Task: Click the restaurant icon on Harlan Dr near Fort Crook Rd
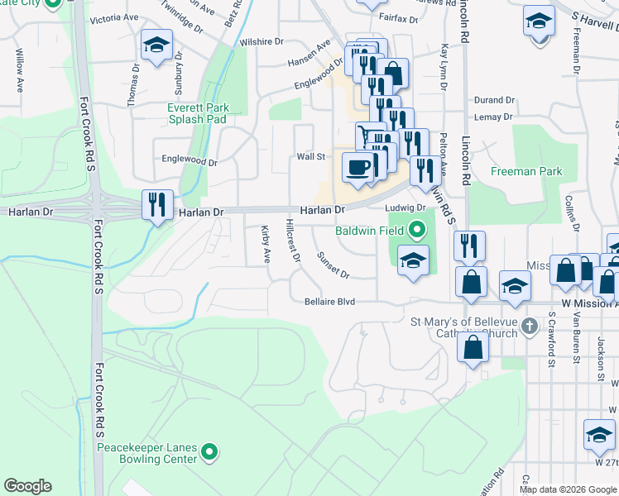pyautogui.click(x=157, y=204)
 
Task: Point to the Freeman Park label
pyautogui.click(x=526, y=172)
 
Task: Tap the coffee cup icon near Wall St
pyautogui.click(x=357, y=167)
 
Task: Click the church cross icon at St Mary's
pyautogui.click(x=530, y=328)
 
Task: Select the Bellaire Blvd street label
pyautogui.click(x=329, y=302)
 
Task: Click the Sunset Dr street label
pyautogui.click(x=333, y=265)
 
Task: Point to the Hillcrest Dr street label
pyautogui.click(x=291, y=241)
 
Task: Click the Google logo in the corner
pyautogui.click(x=27, y=486)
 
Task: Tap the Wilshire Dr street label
pyautogui.click(x=261, y=41)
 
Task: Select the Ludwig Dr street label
pyautogui.click(x=408, y=207)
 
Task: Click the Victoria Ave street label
pyautogui.click(x=113, y=17)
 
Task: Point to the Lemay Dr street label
pyautogui.click(x=493, y=117)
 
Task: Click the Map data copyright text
pyautogui.click(x=566, y=489)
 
